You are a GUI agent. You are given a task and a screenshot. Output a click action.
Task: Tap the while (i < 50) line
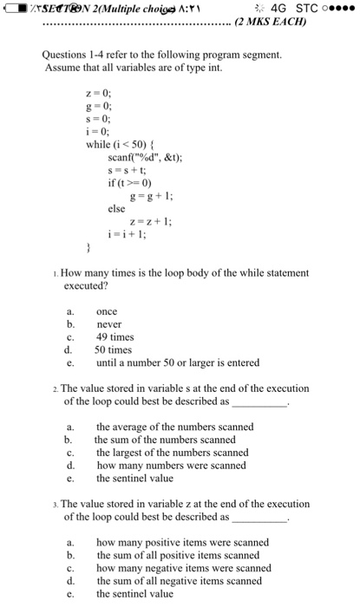click(121, 144)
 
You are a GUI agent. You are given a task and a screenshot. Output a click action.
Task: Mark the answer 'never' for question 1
click(109, 324)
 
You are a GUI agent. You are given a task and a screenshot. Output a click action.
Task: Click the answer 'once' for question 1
click(108, 311)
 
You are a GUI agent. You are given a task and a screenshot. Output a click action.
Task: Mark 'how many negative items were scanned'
click(183, 568)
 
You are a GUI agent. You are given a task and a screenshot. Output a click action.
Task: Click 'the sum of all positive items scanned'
click(177, 555)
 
